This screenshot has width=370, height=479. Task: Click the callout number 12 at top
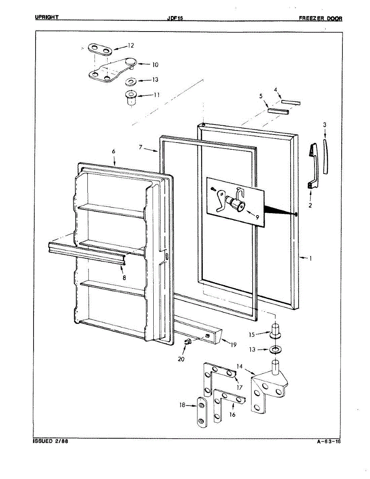pyautogui.click(x=131, y=46)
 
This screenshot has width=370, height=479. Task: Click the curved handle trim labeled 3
pyautogui.click(x=326, y=156)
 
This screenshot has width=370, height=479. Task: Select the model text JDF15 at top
pyautogui.click(x=175, y=18)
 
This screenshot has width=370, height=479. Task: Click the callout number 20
pyautogui.click(x=182, y=359)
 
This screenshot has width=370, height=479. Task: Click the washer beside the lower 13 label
pyautogui.click(x=275, y=350)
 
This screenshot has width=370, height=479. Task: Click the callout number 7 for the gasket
pyautogui.click(x=141, y=148)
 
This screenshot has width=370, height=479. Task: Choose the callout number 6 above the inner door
pyautogui.click(x=113, y=152)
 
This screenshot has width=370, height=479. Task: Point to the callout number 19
pyautogui.click(x=233, y=345)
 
